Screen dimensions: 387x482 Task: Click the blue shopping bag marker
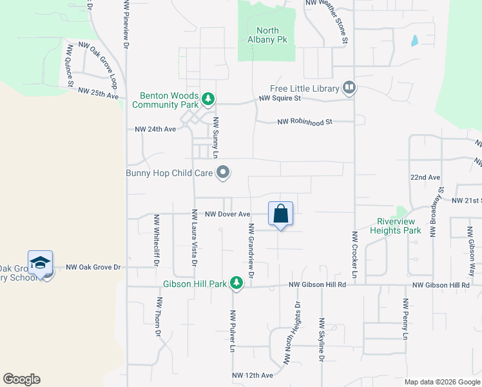click(281, 213)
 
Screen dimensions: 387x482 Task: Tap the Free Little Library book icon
click(349, 86)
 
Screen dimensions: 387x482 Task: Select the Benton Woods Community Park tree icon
click(207, 99)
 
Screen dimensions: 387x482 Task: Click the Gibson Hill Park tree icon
click(237, 284)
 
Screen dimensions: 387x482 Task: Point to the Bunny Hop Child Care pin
click(224, 172)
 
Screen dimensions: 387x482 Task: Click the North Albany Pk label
click(267, 35)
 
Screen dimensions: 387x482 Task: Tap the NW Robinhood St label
click(305, 121)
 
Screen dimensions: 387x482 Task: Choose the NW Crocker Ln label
click(354, 257)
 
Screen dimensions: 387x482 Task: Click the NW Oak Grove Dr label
click(93, 266)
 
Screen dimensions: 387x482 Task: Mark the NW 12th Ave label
click(253, 375)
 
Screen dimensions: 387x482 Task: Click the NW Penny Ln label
click(406, 319)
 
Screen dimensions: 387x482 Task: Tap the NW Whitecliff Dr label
click(156, 241)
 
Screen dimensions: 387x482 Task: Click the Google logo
click(21, 379)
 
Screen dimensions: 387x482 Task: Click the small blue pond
click(414, 41)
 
